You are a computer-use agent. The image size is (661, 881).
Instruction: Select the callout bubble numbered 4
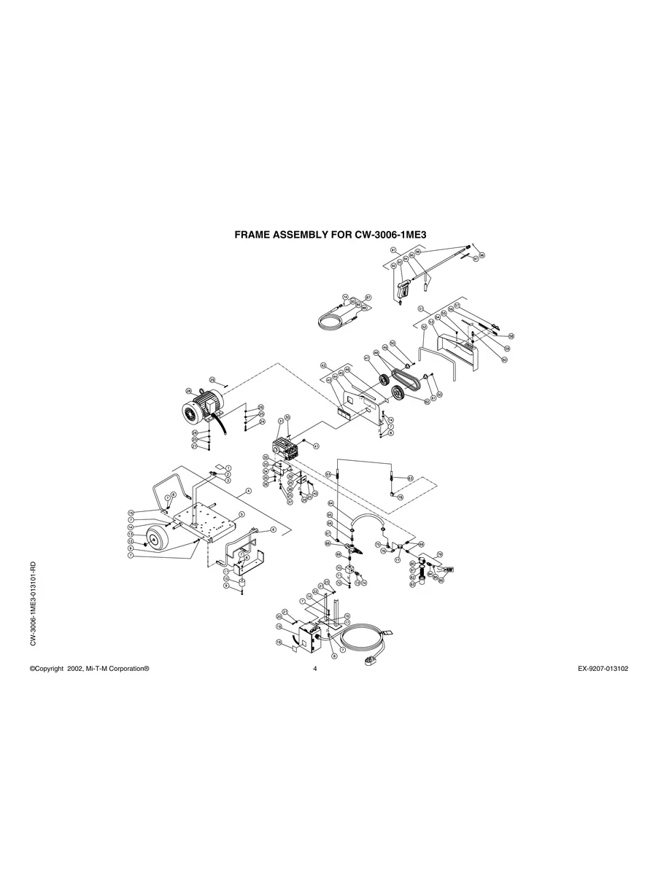(x=249, y=492)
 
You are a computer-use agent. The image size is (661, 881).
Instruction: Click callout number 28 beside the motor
(x=188, y=391)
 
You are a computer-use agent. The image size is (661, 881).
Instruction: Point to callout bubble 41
(x=316, y=446)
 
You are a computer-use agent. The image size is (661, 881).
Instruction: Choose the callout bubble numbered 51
(x=421, y=309)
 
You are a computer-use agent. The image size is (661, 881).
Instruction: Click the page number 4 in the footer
(x=314, y=668)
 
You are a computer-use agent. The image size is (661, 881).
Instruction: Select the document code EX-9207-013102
(x=598, y=668)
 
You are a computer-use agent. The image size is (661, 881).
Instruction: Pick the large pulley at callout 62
(x=398, y=395)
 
